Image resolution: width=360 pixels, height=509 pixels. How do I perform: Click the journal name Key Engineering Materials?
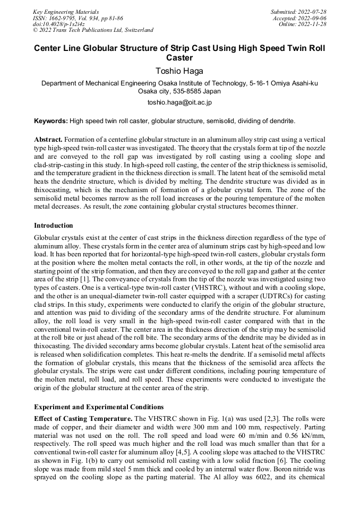(65, 11)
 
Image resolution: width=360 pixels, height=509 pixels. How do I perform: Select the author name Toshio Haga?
(179, 70)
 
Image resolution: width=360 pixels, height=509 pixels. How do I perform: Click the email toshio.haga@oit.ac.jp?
(179, 102)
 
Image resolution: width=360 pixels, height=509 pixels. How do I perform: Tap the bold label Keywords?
(51, 121)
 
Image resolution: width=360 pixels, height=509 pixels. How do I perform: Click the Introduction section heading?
(53, 226)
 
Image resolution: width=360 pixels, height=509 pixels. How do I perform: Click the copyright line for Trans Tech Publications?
(93, 30)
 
